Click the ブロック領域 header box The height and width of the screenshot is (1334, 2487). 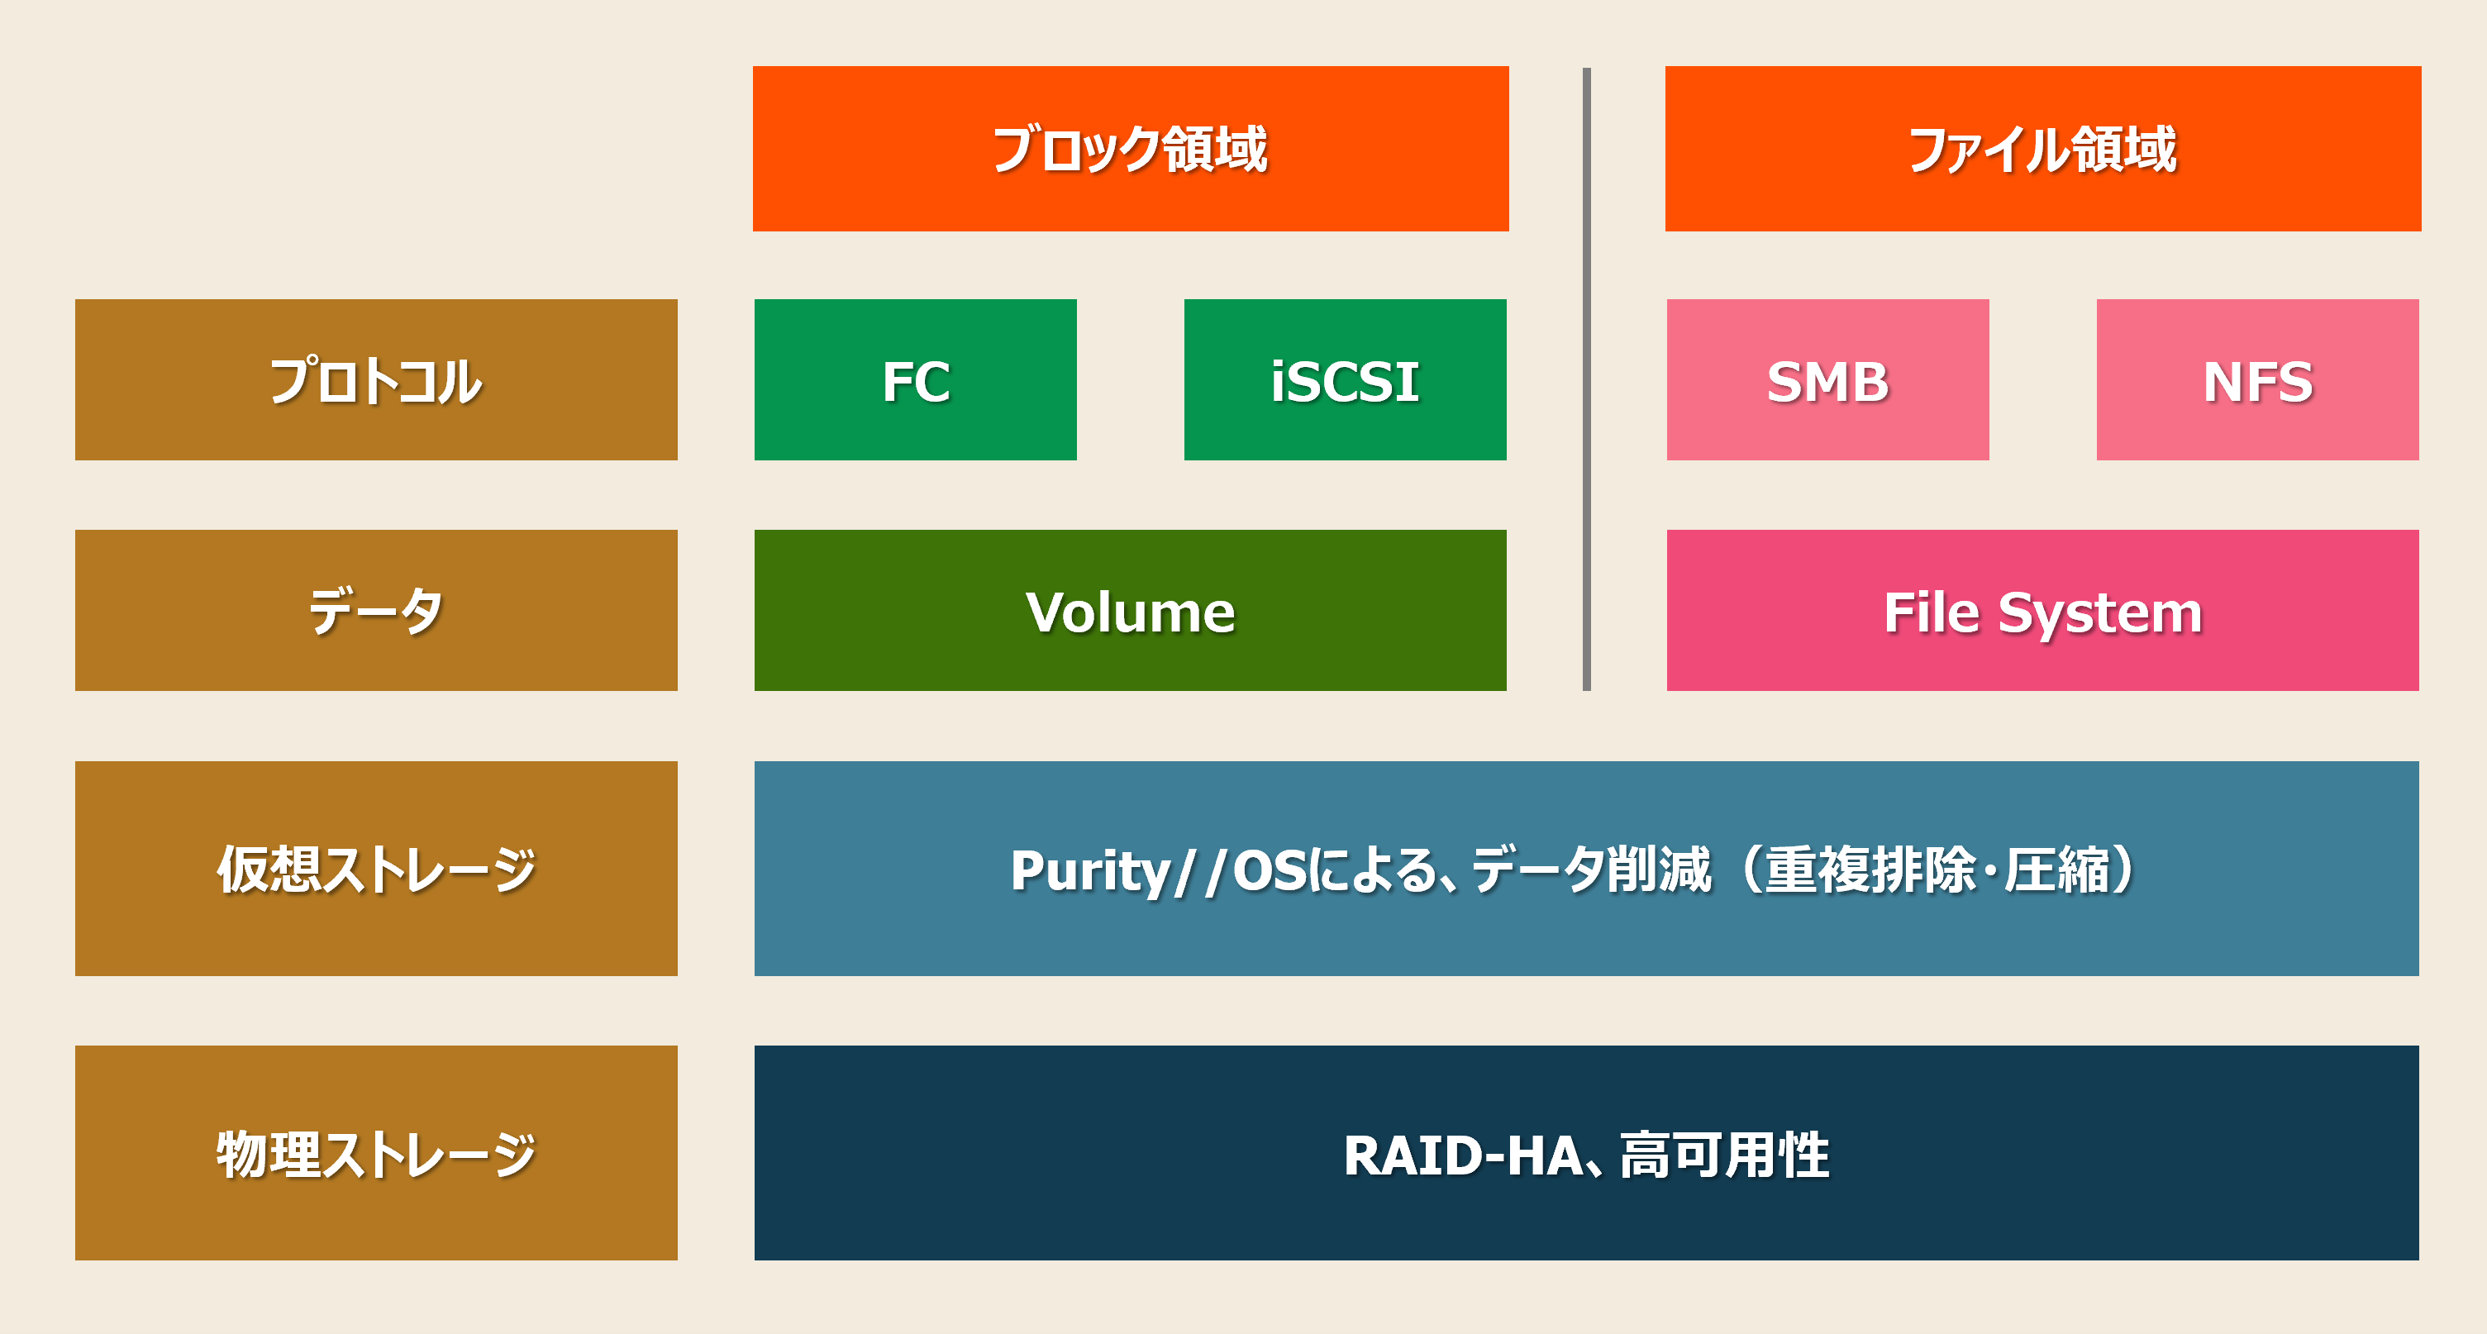tap(1131, 149)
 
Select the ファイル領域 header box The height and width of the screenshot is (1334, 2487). tap(2043, 149)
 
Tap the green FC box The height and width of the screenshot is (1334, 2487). tap(915, 379)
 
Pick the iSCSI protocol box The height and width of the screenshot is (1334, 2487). tap(1345, 379)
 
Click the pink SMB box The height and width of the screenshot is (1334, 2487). tap(1827, 379)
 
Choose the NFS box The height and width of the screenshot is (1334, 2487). tap(2257, 379)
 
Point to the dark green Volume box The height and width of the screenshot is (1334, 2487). tap(1131, 610)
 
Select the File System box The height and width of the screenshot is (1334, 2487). tap(2043, 610)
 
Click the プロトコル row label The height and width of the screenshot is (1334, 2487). tap(377, 379)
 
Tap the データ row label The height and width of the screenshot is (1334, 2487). tap(377, 610)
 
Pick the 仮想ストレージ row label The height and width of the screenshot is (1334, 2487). tap(377, 869)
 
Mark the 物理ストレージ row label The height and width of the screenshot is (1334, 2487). tap(377, 1152)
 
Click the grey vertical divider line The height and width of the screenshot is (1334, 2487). tap(1586, 379)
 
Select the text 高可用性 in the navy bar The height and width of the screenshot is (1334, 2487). tap(1724, 1155)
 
